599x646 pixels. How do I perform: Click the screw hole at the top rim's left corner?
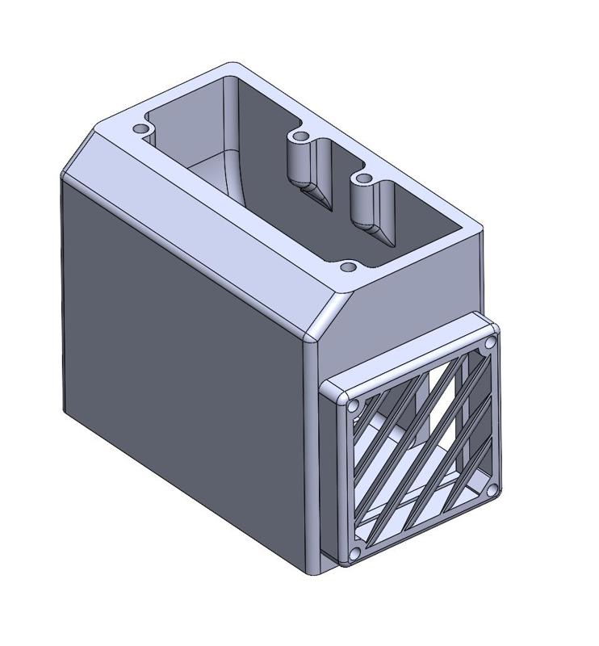point(141,129)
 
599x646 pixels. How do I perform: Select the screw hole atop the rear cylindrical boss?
point(300,136)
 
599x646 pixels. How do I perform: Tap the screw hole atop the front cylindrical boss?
point(362,178)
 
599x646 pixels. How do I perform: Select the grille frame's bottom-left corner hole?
point(354,553)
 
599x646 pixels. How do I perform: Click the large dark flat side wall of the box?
point(178,339)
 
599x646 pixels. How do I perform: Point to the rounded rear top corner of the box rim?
point(234,66)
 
